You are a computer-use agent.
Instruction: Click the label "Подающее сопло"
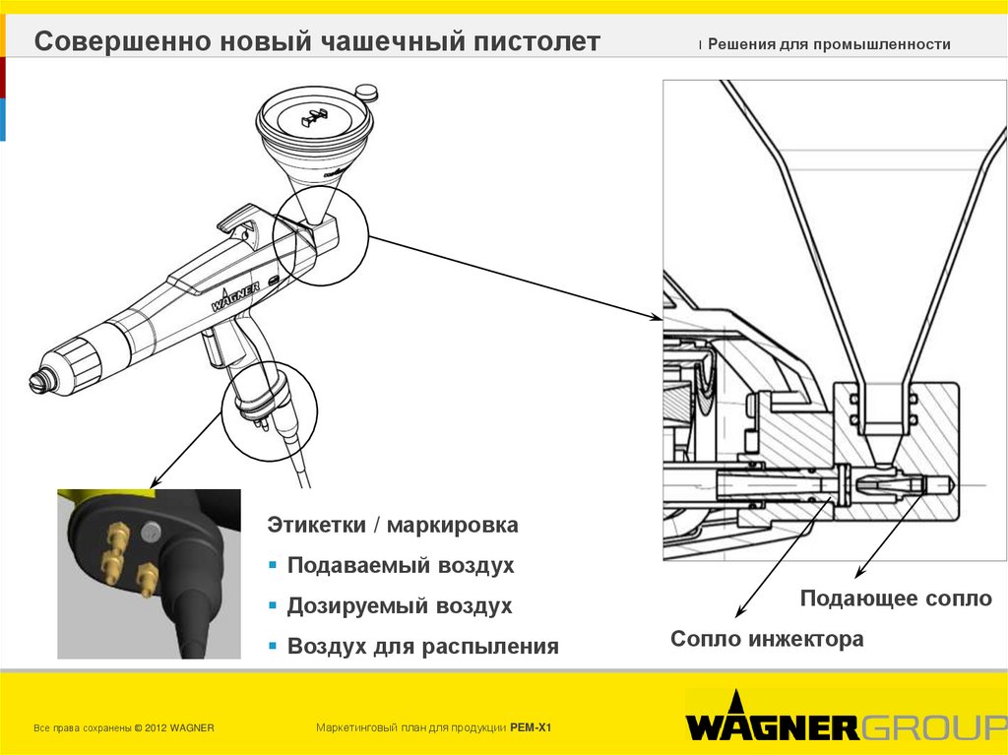click(x=896, y=598)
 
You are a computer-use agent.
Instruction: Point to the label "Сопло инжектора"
click(x=767, y=640)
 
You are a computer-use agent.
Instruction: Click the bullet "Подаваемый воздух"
click(x=401, y=566)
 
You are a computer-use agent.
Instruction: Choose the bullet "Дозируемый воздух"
click(x=400, y=606)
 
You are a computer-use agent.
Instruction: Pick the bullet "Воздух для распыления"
click(x=423, y=647)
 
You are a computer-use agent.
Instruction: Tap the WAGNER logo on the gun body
click(x=235, y=296)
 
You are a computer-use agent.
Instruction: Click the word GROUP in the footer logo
click(x=933, y=727)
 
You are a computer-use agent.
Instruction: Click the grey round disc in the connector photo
click(x=151, y=533)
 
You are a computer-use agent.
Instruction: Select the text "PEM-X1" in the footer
click(x=531, y=727)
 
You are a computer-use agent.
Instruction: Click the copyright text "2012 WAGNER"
click(x=178, y=727)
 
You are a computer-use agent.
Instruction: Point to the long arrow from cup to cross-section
click(x=512, y=277)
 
